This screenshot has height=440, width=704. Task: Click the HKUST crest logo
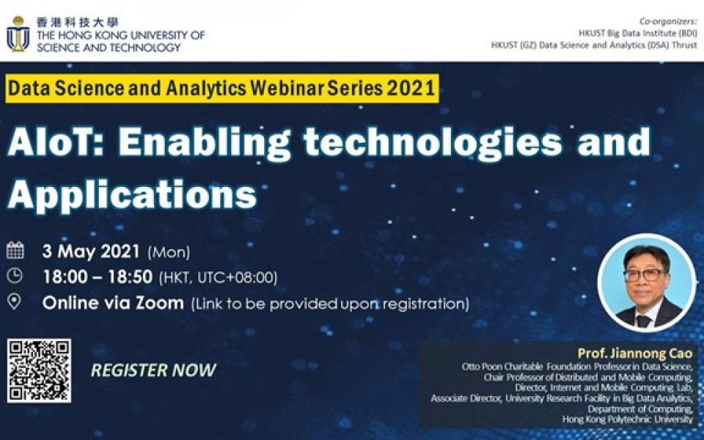[18, 34]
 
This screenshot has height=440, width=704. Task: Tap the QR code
[39, 371]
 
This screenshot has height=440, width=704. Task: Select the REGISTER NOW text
[153, 370]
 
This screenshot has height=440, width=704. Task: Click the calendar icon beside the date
[15, 250]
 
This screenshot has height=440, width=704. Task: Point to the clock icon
[15, 276]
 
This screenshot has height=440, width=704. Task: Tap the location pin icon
[15, 301]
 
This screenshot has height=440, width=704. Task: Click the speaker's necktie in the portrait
[643, 320]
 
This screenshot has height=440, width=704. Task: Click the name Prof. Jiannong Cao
[635, 353]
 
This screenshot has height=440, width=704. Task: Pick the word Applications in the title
[132, 194]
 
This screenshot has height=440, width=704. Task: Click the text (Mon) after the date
[169, 252]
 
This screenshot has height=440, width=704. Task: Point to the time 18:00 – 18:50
[98, 277]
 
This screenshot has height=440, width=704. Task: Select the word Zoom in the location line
[160, 303]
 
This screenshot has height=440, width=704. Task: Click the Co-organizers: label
[668, 21]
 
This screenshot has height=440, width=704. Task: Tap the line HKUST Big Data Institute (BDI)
[637, 33]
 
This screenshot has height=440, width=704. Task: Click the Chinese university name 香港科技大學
[77, 22]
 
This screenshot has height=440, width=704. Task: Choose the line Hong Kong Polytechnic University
[628, 419]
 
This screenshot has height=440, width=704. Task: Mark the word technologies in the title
[433, 144]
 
